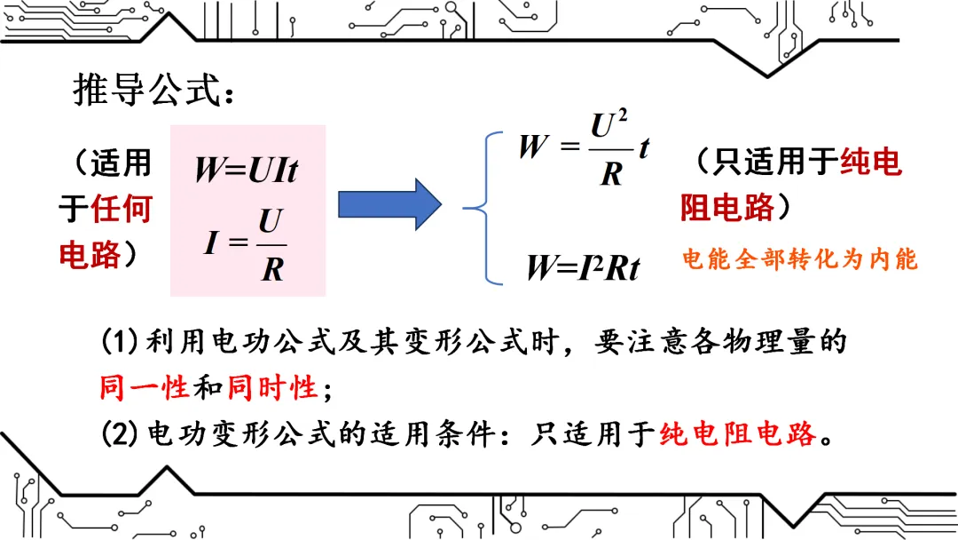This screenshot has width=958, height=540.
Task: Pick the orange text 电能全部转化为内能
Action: [800, 259]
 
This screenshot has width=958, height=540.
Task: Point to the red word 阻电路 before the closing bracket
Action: [726, 209]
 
